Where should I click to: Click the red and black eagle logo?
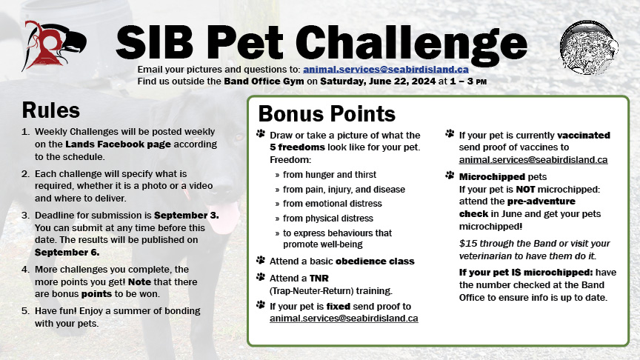coord(54,45)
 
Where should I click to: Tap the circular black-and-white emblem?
coord(589,47)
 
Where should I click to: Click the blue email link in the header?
coord(386,70)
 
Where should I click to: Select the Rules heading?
coord(50,110)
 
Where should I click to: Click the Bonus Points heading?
coord(327,114)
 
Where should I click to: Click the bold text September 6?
coord(67,253)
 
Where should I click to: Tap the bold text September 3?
coord(187,215)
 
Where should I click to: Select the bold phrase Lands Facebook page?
coord(118,144)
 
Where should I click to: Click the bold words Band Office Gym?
coord(264,81)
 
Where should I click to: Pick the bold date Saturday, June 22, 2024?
coord(378,81)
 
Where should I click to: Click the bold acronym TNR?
coord(319,278)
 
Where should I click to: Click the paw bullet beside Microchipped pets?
coord(450,176)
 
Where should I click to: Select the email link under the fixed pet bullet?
coord(344,319)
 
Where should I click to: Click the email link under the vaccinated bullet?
coord(533,159)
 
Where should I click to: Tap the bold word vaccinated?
coord(584,135)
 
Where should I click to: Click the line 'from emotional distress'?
coord(333,203)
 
